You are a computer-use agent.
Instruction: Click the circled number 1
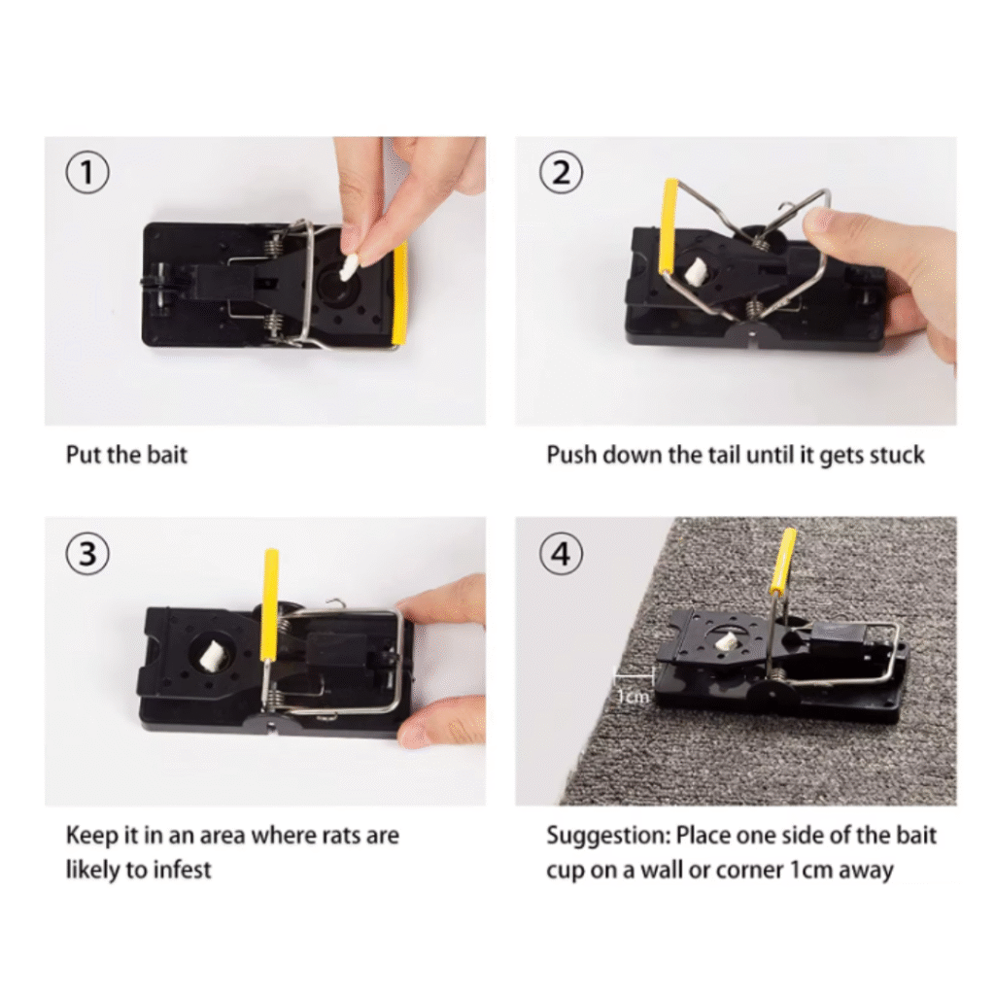click(87, 173)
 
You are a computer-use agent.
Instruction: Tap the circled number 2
click(561, 173)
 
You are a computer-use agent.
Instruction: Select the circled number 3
click(87, 553)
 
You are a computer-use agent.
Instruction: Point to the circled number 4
click(561, 553)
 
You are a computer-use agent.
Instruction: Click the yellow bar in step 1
click(399, 295)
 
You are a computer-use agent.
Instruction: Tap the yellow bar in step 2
click(669, 225)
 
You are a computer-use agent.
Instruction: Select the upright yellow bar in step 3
click(270, 604)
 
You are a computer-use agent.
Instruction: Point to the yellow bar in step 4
click(784, 564)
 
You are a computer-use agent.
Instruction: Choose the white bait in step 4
click(725, 639)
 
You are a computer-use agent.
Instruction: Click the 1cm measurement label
click(634, 697)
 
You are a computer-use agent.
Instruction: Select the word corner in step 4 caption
click(749, 871)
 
